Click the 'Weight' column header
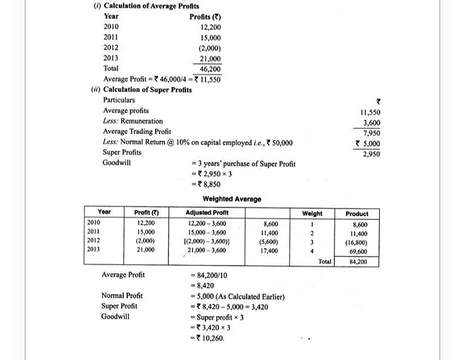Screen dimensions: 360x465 pyautogui.click(x=313, y=213)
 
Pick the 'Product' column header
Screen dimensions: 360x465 pyautogui.click(x=356, y=213)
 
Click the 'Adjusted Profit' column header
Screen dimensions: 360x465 pyautogui.click(x=207, y=213)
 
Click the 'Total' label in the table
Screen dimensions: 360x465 pyautogui.click(x=325, y=262)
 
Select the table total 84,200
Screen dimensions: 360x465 pyautogui.click(x=357, y=262)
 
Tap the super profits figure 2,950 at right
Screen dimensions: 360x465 pyautogui.click(x=371, y=154)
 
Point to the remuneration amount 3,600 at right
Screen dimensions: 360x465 pyautogui.click(x=371, y=122)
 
